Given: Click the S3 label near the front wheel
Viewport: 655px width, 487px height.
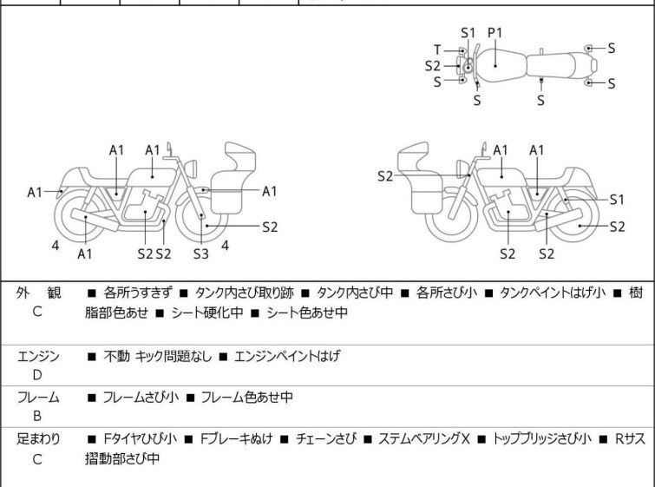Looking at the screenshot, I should pyautogui.click(x=201, y=253).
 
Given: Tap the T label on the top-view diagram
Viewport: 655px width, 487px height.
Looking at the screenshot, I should pyautogui.click(x=438, y=49).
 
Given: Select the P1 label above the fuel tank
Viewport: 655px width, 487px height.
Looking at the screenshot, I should pyautogui.click(x=495, y=32).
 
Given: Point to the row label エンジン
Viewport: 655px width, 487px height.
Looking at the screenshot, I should pyautogui.click(x=38, y=355).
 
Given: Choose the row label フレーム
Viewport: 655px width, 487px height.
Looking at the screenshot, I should pyautogui.click(x=38, y=397).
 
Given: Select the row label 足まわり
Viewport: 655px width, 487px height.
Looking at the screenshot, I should pyautogui.click(x=38, y=438).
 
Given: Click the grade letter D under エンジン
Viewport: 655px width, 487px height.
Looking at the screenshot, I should pyautogui.click(x=37, y=375).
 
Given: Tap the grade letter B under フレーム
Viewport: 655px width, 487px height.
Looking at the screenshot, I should pyautogui.click(x=37, y=417).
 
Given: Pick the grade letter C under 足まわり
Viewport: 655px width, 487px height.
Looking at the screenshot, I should pyautogui.click(x=37, y=458).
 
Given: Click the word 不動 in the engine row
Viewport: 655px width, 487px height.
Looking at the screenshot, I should pyautogui.click(x=116, y=356).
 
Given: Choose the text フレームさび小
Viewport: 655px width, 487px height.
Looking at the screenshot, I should pyautogui.click(x=141, y=398).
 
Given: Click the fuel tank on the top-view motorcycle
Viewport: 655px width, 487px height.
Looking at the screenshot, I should pyautogui.click(x=498, y=64).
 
